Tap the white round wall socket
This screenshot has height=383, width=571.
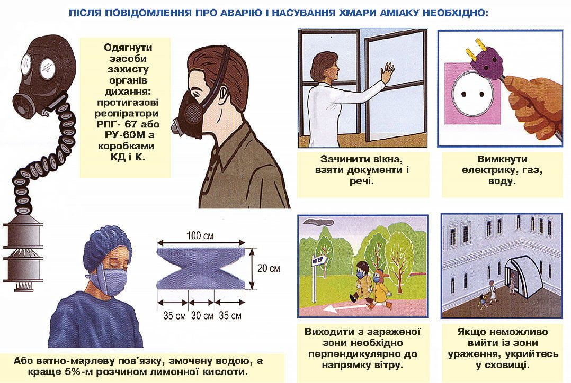click(473, 94)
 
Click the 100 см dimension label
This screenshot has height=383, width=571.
click(200, 235)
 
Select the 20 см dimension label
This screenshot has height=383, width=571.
click(269, 268)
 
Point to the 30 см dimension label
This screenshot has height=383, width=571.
click(202, 315)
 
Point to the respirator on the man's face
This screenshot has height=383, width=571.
click(190, 113)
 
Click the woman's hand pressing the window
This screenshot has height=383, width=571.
click(387, 72)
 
